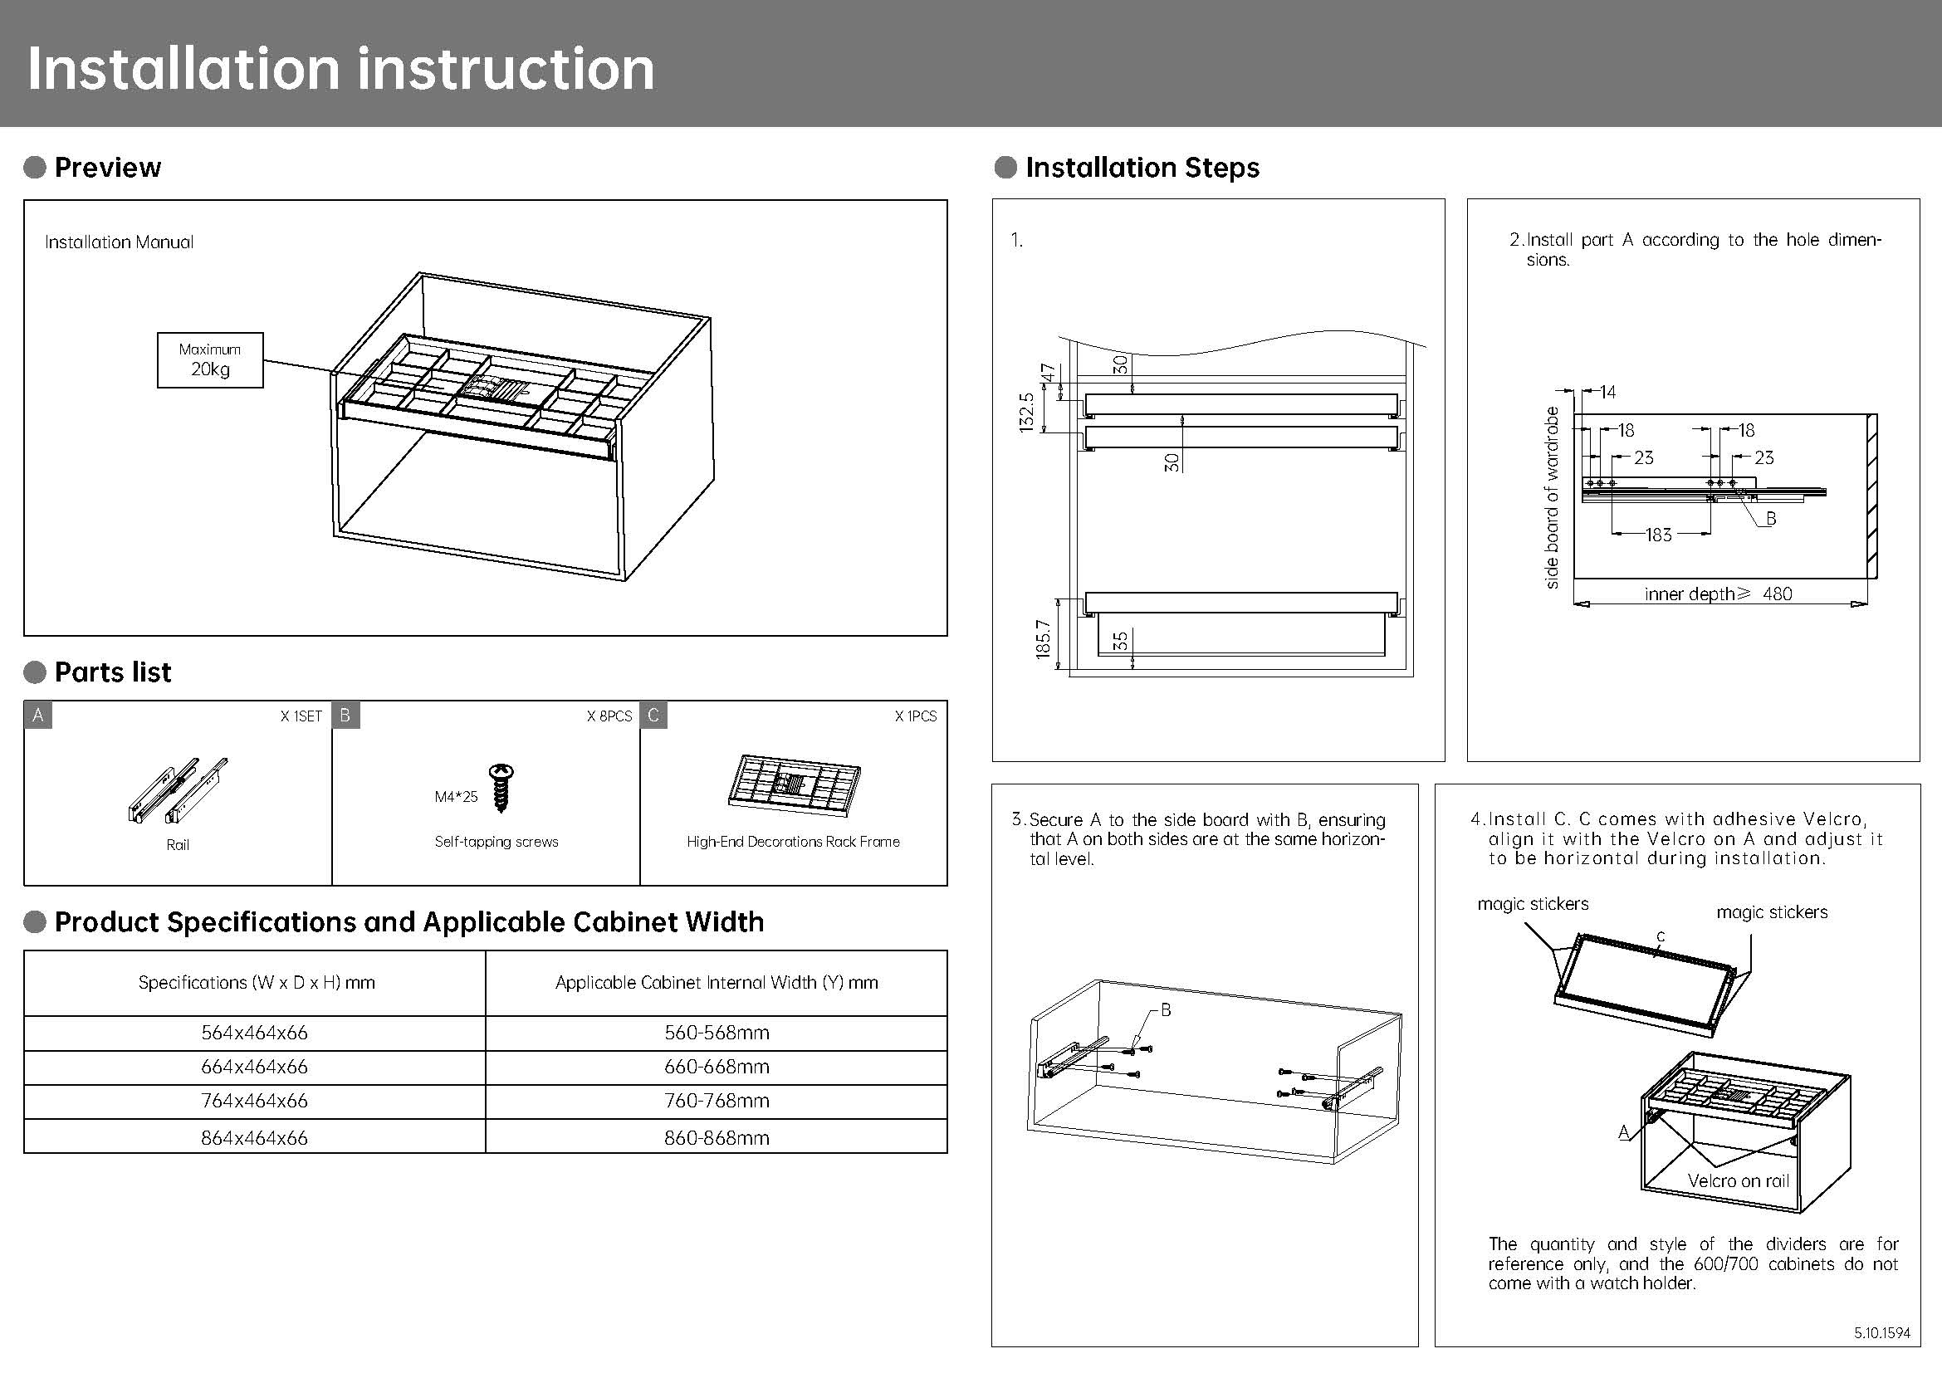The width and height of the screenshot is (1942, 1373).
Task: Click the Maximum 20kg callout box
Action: pyautogui.click(x=210, y=360)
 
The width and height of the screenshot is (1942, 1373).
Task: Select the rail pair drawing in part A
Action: pyautogui.click(x=178, y=789)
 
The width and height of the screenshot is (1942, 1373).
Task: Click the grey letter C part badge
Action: pyautogui.click(x=653, y=716)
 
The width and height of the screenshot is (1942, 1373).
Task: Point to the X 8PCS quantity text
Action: pyautogui.click(x=609, y=716)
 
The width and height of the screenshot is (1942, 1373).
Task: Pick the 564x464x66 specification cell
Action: pyautogui.click(x=254, y=1033)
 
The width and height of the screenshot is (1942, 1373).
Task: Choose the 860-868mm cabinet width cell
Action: pyautogui.click(x=717, y=1138)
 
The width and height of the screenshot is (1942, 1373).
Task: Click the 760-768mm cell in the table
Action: pyautogui.click(x=717, y=1101)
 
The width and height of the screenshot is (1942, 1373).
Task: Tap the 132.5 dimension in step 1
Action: pyautogui.click(x=1027, y=412)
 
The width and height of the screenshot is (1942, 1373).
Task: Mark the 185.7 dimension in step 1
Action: pyautogui.click(x=1043, y=638)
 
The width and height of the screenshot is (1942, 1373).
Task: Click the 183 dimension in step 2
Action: pyautogui.click(x=1658, y=535)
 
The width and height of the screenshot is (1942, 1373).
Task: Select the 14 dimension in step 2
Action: pyautogui.click(x=1607, y=393)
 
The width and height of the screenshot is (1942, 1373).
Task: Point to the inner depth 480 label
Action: pyautogui.click(x=1717, y=594)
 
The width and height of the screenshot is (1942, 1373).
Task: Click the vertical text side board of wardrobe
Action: pyautogui.click(x=1551, y=497)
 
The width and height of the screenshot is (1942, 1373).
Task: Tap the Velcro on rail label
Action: pyautogui.click(x=1738, y=1181)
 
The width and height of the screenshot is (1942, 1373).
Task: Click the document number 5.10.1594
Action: pyautogui.click(x=1882, y=1333)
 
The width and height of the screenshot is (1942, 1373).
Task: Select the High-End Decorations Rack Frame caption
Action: pyautogui.click(x=793, y=841)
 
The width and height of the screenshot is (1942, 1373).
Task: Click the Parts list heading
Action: pyautogui.click(x=112, y=672)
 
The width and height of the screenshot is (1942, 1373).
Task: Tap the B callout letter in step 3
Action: pyautogui.click(x=1166, y=1009)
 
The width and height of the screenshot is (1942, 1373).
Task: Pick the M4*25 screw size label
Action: pyautogui.click(x=456, y=796)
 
